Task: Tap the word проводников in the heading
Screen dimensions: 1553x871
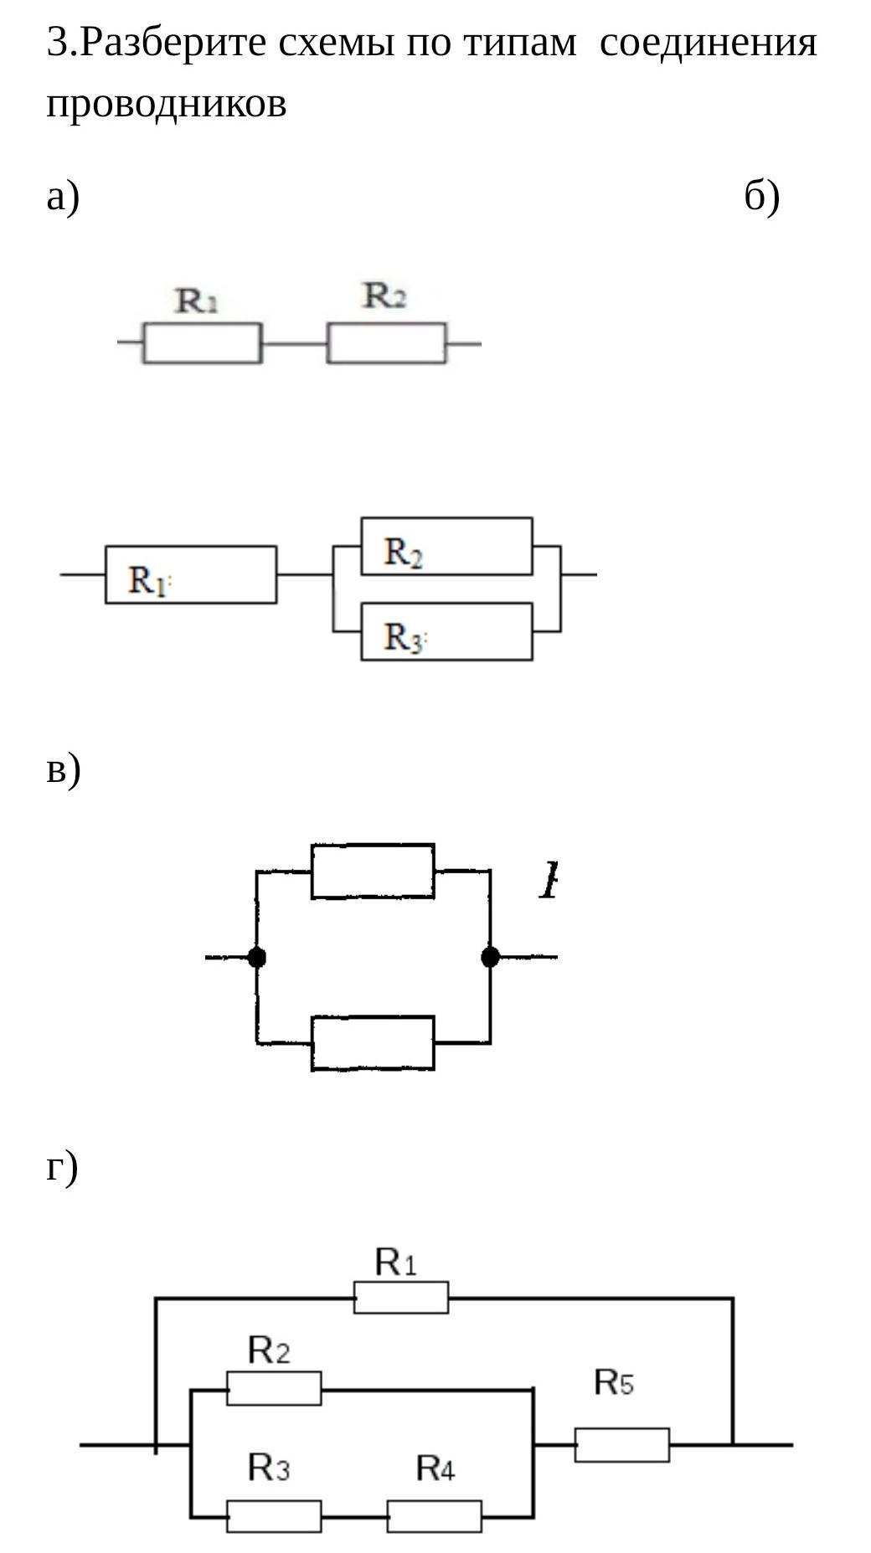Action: click(166, 104)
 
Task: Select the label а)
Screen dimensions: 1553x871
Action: click(63, 198)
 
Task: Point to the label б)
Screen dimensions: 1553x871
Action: click(761, 198)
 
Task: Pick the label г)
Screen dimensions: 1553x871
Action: click(62, 1166)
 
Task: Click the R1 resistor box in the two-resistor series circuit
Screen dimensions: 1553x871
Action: click(202, 343)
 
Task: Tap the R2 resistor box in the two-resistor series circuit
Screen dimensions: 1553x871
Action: click(386, 343)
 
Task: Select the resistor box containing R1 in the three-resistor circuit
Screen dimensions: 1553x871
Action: click(191, 575)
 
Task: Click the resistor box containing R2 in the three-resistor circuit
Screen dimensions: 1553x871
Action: click(446, 547)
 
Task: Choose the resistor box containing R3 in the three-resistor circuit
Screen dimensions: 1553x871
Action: click(446, 632)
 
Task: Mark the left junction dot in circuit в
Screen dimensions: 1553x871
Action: click(257, 957)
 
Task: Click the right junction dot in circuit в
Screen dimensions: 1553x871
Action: click(490, 957)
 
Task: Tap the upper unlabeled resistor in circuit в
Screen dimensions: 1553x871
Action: click(373, 872)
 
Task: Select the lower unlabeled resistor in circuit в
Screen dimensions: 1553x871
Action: click(373, 1043)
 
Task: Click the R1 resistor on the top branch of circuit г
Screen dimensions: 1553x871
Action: click(401, 1298)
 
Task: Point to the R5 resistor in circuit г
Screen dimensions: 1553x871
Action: click(621, 1445)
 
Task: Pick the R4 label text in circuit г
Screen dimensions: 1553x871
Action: click(435, 1468)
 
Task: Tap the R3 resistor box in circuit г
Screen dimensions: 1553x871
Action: click(274, 1516)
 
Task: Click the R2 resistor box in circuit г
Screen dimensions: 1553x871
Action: click(274, 1389)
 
